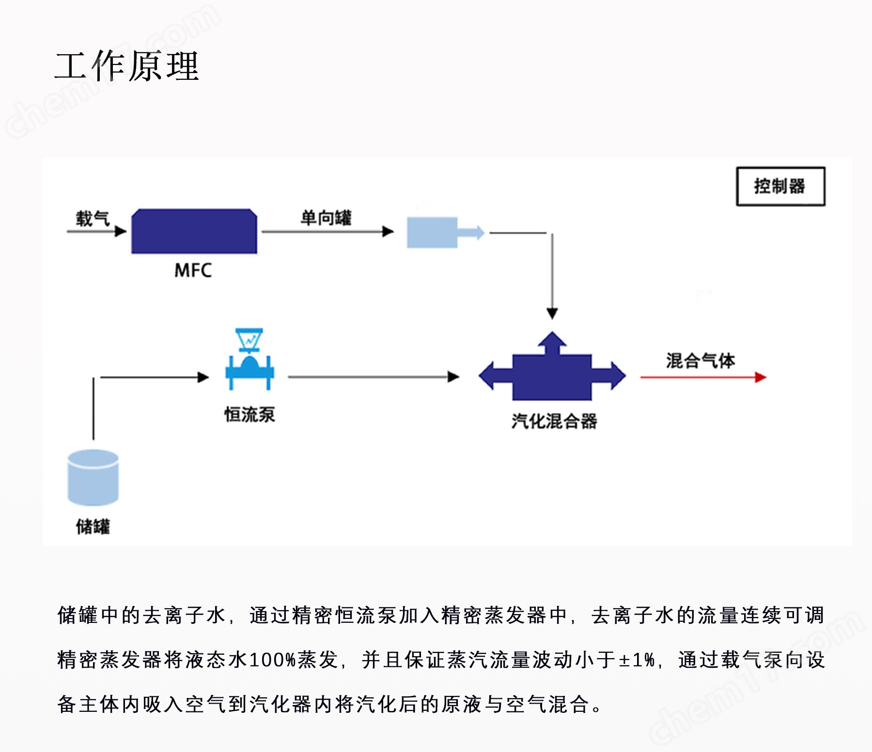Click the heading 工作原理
[x=127, y=66]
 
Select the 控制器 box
[x=780, y=186]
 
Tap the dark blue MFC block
[x=194, y=231]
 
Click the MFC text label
[x=193, y=270]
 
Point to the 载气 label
[x=93, y=218]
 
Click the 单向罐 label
[x=326, y=218]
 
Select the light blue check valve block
[x=445, y=232]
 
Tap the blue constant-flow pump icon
[x=250, y=359]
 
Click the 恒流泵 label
[x=249, y=415]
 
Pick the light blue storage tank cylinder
[x=93, y=478]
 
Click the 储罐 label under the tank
[x=93, y=526]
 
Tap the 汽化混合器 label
[x=554, y=421]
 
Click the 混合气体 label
[x=701, y=361]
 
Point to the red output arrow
[x=703, y=377]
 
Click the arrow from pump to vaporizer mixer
[x=374, y=376]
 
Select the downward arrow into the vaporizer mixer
[x=552, y=276]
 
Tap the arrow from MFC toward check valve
[x=327, y=232]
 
